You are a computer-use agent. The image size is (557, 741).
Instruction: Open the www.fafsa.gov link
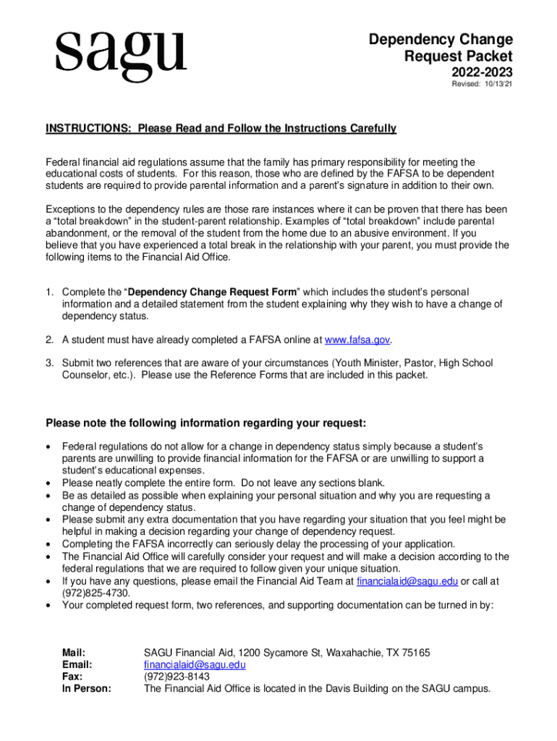(x=357, y=339)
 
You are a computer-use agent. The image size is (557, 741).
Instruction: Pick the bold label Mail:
(x=75, y=653)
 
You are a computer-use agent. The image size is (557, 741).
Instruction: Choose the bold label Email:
(x=77, y=664)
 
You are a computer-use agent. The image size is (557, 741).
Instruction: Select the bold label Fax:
(x=72, y=677)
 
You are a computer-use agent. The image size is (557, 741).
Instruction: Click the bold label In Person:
(x=87, y=689)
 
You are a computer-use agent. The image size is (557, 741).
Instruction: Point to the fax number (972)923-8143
(x=177, y=677)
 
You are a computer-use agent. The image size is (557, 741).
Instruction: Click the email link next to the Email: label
(x=195, y=664)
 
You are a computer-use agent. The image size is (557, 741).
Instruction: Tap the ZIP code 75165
(x=415, y=653)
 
